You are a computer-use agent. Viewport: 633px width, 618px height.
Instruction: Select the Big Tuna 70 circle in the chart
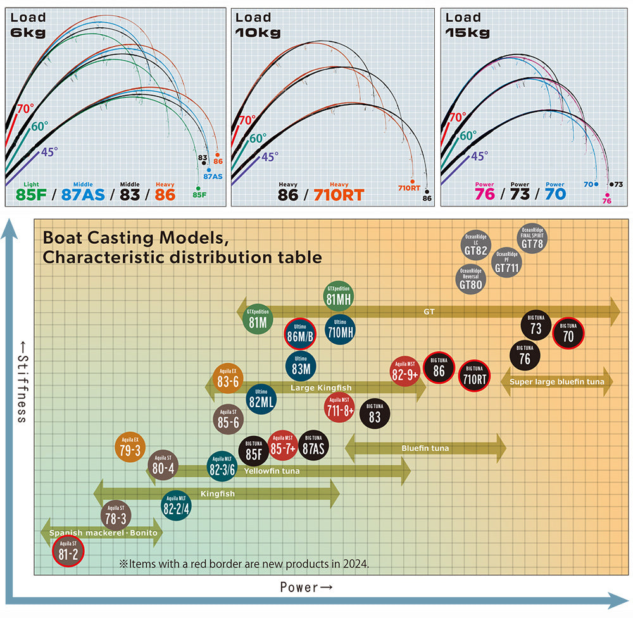pyautogui.click(x=568, y=333)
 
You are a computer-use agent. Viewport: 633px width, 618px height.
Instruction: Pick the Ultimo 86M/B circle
pyautogui.click(x=301, y=333)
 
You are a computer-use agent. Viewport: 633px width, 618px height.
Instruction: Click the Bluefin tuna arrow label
pyautogui.click(x=425, y=448)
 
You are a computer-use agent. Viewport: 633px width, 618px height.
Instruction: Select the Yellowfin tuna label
pyautogui.click(x=272, y=471)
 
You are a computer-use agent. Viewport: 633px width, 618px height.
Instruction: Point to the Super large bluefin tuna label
pyautogui.click(x=556, y=382)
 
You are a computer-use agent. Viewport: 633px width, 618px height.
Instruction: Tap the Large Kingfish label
pyautogui.click(x=320, y=388)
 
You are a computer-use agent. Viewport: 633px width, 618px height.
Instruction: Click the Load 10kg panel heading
pyautogui.click(x=258, y=25)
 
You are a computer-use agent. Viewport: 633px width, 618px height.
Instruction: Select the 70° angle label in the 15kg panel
pyautogui.click(x=457, y=118)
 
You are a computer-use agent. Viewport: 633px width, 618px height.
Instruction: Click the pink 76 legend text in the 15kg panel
pyautogui.click(x=484, y=194)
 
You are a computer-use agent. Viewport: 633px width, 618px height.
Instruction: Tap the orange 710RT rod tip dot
pyautogui.click(x=412, y=180)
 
